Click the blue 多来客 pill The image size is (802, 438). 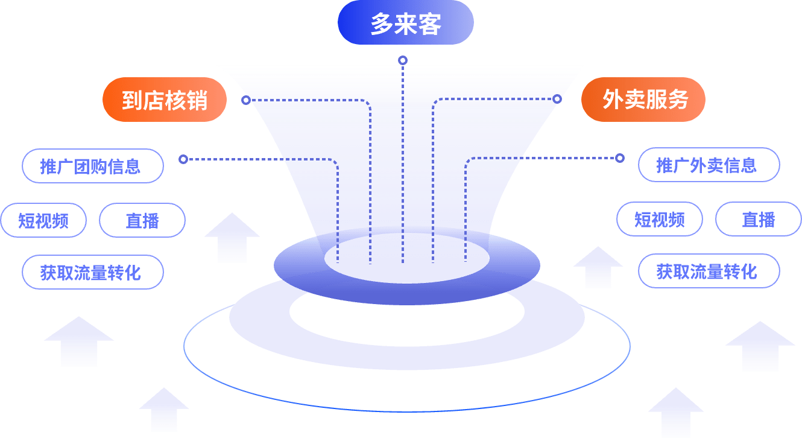point(405,23)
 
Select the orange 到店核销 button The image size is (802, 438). point(164,100)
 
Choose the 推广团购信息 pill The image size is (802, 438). point(92,166)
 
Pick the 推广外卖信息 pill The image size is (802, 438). point(709,165)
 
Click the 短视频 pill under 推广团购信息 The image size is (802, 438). point(43,220)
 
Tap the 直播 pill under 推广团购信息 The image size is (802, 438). point(142,220)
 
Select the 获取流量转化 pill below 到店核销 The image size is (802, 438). point(92,272)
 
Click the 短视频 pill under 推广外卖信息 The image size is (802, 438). point(660,219)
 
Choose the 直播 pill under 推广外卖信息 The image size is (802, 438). point(759,219)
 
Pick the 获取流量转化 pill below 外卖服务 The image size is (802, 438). point(709,271)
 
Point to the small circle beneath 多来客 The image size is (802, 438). point(403,60)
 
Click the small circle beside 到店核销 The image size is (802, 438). point(246,100)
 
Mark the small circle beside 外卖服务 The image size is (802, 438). point(557,98)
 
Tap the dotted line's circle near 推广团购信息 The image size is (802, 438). point(183,159)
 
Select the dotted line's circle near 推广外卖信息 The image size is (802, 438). point(619,158)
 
